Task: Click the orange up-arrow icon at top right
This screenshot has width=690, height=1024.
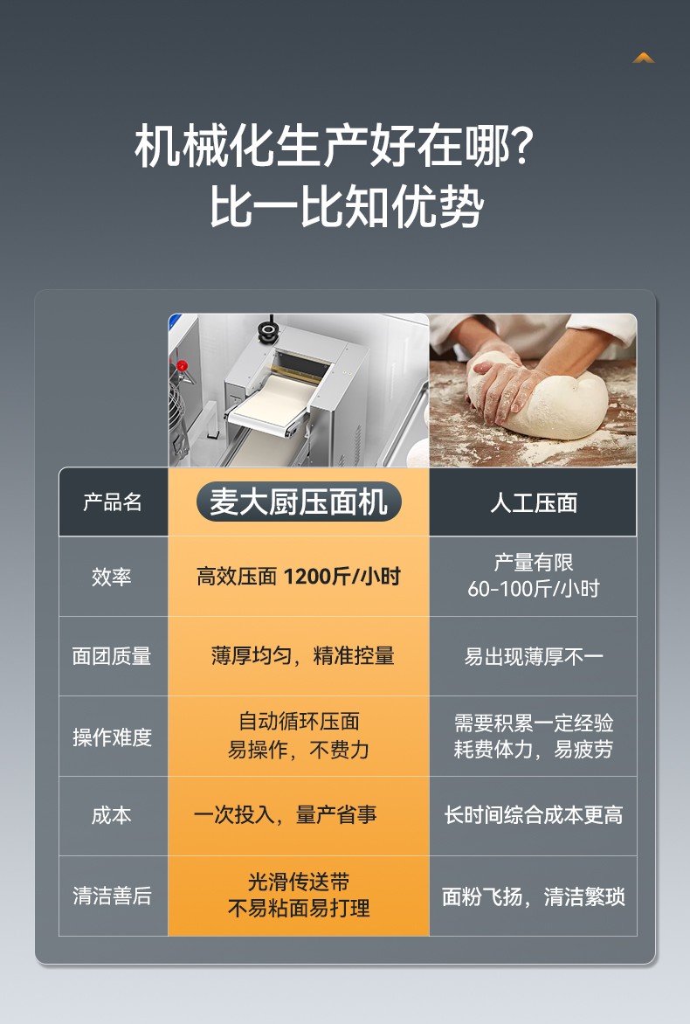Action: pyautogui.click(x=644, y=59)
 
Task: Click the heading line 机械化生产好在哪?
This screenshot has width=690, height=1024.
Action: pyautogui.click(x=334, y=145)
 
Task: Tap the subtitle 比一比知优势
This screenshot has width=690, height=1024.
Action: pyautogui.click(x=346, y=205)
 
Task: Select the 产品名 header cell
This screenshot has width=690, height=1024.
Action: pyautogui.click(x=113, y=502)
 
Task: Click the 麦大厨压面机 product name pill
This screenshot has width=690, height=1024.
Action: pyautogui.click(x=299, y=502)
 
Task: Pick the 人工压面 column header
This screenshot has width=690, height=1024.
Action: pyautogui.click(x=534, y=502)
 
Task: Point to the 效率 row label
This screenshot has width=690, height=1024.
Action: pyautogui.click(x=112, y=577)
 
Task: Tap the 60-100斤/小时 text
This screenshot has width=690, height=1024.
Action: pyautogui.click(x=534, y=589)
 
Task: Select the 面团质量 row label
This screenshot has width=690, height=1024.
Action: pyautogui.click(x=112, y=656)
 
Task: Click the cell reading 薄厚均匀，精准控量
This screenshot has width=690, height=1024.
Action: pyautogui.click(x=302, y=655)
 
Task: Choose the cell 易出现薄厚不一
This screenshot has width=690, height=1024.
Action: pyautogui.click(x=534, y=656)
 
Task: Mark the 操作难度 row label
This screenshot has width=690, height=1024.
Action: pyautogui.click(x=112, y=737)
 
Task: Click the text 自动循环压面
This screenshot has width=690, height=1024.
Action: pyautogui.click(x=299, y=722)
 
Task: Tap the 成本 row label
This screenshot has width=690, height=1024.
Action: pyautogui.click(x=112, y=816)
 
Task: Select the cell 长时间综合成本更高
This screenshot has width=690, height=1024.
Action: pyautogui.click(x=534, y=815)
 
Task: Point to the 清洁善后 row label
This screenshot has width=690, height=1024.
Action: pyautogui.click(x=112, y=896)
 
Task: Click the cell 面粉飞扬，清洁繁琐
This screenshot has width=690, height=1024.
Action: pyautogui.click(x=534, y=896)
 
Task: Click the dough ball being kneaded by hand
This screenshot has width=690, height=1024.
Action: pyautogui.click(x=549, y=398)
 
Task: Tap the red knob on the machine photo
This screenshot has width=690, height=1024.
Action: pyautogui.click(x=183, y=366)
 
